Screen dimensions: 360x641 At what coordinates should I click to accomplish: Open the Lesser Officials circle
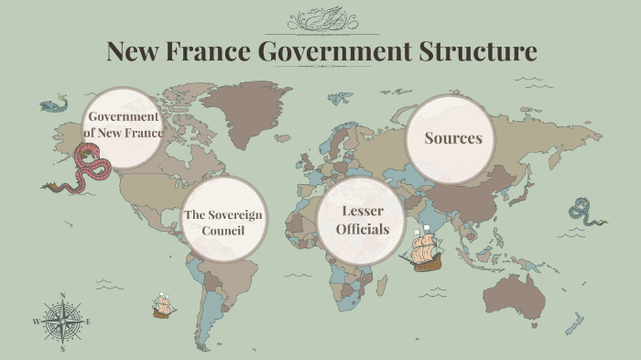[361, 220]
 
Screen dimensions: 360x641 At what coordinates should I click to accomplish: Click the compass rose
[62, 322]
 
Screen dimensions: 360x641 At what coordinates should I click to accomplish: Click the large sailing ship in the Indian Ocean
[422, 248]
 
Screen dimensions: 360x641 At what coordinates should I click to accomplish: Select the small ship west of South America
[164, 306]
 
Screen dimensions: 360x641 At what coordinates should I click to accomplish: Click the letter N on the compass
[62, 296]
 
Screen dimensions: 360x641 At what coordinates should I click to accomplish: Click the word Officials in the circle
[361, 229]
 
